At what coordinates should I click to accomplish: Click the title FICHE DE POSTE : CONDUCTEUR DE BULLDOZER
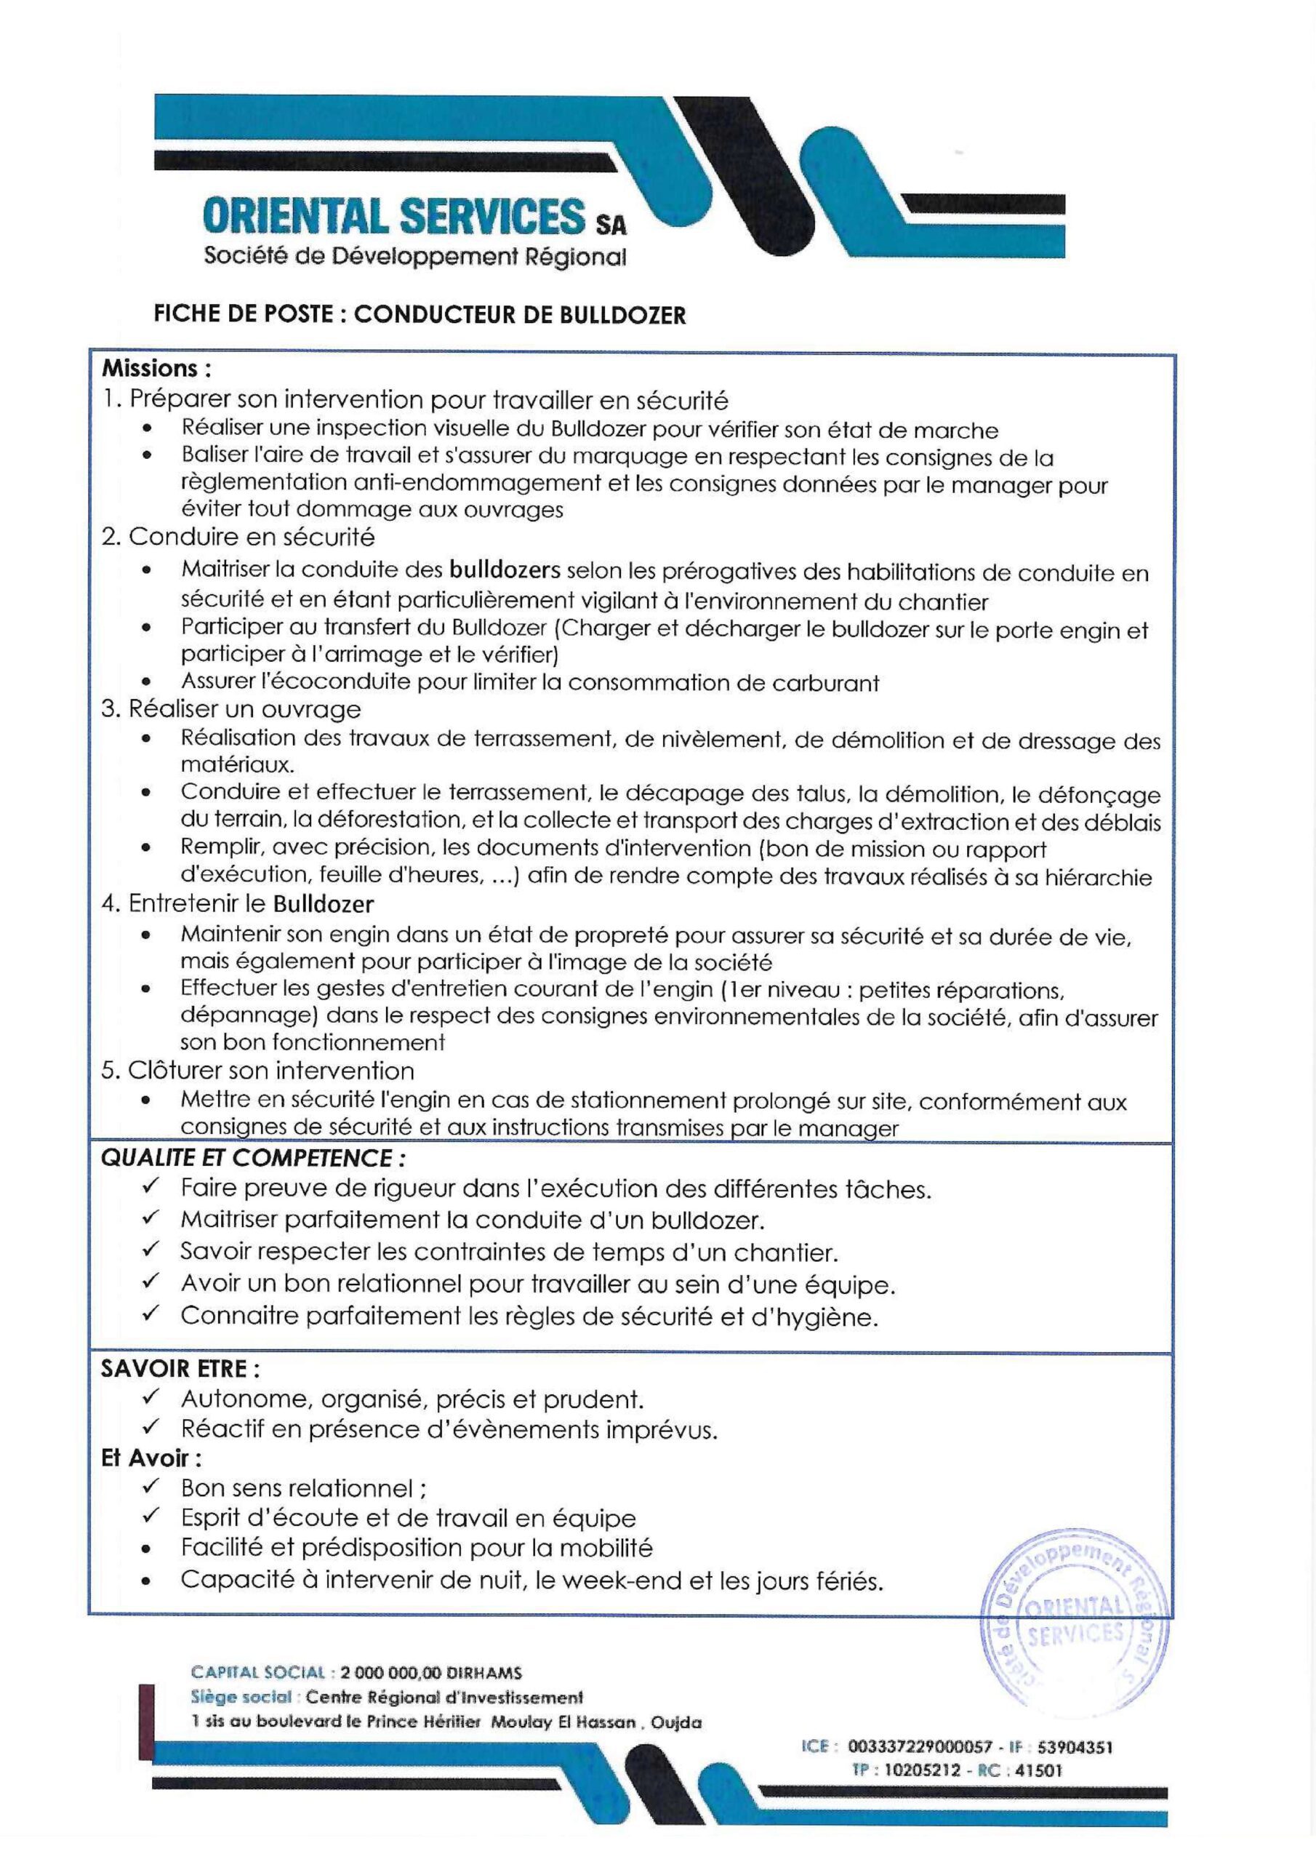point(420,316)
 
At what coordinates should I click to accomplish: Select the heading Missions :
point(156,369)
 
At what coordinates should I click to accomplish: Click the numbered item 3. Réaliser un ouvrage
point(231,710)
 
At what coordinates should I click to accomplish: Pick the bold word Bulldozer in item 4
point(323,903)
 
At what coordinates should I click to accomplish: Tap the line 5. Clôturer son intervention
point(258,1071)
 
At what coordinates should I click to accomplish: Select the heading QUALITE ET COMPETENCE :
point(253,1158)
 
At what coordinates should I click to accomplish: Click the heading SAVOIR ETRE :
point(180,1369)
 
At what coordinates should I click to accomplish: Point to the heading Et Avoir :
point(151,1458)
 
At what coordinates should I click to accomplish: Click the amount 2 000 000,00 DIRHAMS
point(431,1672)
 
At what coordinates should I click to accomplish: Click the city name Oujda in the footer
point(677,1722)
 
